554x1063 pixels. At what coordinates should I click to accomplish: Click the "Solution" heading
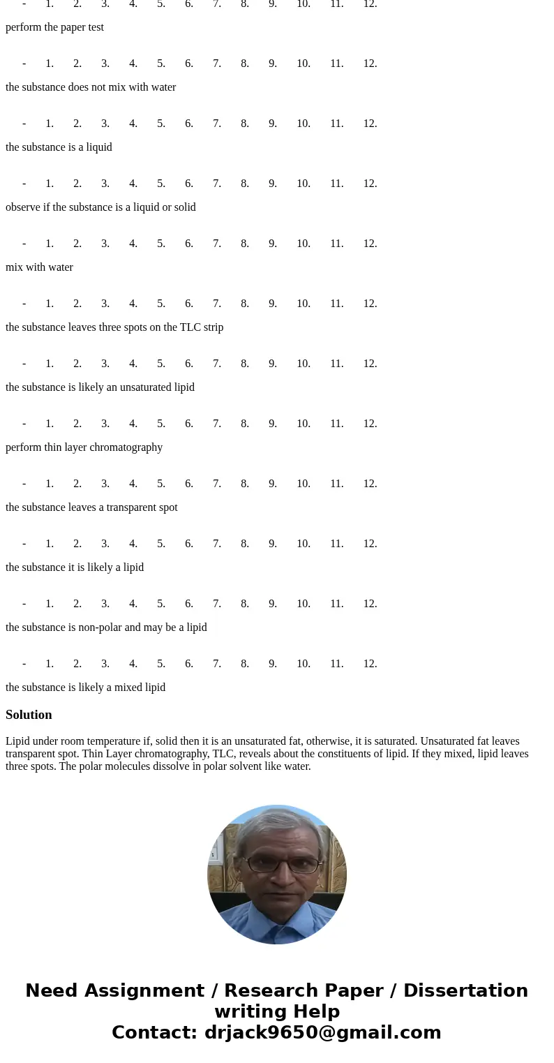click(x=29, y=715)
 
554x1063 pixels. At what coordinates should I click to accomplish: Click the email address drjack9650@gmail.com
click(x=322, y=1033)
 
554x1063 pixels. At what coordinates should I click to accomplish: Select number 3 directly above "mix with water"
click(x=105, y=244)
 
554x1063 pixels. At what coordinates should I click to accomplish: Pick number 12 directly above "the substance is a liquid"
click(x=370, y=124)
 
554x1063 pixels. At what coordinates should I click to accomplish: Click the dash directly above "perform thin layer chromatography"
click(x=24, y=424)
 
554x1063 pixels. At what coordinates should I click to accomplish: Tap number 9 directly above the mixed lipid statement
click(x=273, y=664)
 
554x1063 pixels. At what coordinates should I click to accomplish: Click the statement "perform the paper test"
click(x=54, y=27)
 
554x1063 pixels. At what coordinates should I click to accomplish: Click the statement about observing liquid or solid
click(x=100, y=207)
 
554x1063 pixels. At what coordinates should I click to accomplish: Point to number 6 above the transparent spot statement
click(x=189, y=484)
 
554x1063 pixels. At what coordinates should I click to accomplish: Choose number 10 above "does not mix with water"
click(x=304, y=64)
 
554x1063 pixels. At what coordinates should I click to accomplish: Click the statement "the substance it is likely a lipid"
click(x=75, y=567)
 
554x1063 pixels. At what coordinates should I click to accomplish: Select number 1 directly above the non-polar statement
click(x=50, y=604)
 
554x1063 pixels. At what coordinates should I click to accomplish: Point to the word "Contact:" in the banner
click(x=155, y=1033)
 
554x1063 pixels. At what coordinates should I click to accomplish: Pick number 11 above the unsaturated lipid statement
click(x=337, y=364)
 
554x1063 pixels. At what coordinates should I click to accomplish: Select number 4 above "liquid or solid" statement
click(x=133, y=184)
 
